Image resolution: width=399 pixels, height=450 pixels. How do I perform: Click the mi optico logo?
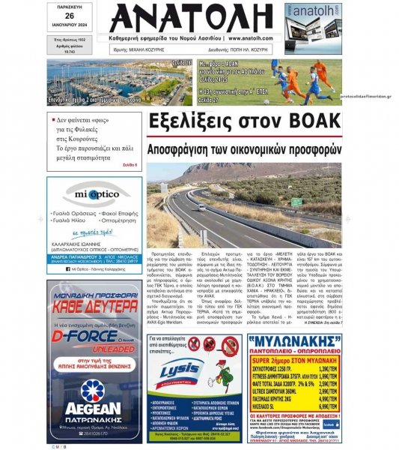[x=94, y=196]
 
